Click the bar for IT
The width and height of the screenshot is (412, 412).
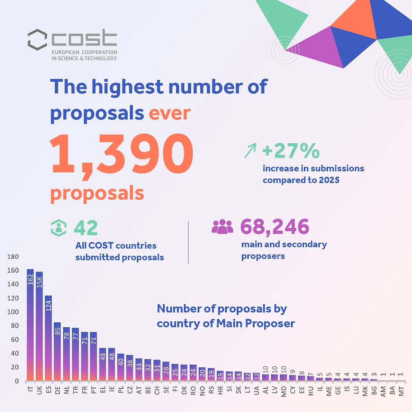(x=30, y=325)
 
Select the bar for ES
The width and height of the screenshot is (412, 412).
(x=48, y=338)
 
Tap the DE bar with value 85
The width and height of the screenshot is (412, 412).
(x=57, y=352)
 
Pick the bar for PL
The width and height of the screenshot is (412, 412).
(x=121, y=367)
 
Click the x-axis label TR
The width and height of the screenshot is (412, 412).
(x=75, y=390)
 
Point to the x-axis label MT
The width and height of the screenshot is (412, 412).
(x=401, y=391)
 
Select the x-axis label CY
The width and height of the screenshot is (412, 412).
(x=293, y=390)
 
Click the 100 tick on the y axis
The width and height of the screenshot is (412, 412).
(x=13, y=312)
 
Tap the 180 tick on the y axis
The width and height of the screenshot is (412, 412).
(x=13, y=256)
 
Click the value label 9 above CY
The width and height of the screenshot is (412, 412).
(x=293, y=371)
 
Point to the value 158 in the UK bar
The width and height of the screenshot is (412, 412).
(x=39, y=282)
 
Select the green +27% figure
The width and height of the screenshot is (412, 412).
(x=291, y=151)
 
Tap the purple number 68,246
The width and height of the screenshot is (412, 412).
(x=275, y=227)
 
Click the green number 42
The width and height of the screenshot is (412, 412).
(x=86, y=228)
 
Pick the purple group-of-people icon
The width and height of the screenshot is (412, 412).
(x=222, y=227)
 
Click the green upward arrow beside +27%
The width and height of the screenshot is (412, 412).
(x=250, y=150)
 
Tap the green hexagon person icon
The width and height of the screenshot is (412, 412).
(x=59, y=228)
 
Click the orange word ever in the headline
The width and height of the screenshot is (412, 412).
(x=169, y=113)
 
